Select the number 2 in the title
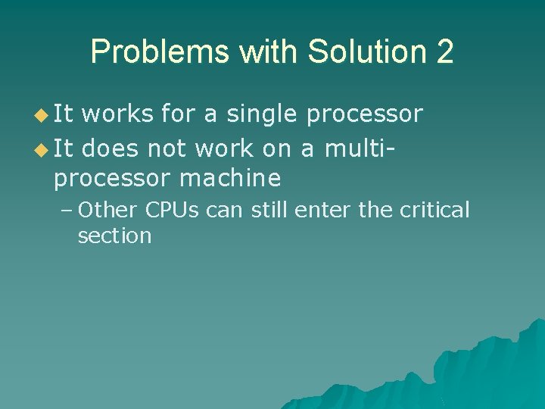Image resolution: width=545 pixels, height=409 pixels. pos(444,52)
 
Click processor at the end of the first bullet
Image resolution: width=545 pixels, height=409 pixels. pos(364,115)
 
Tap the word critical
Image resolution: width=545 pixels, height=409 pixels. pos(434,209)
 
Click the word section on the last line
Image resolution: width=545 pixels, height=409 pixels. pos(114,236)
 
